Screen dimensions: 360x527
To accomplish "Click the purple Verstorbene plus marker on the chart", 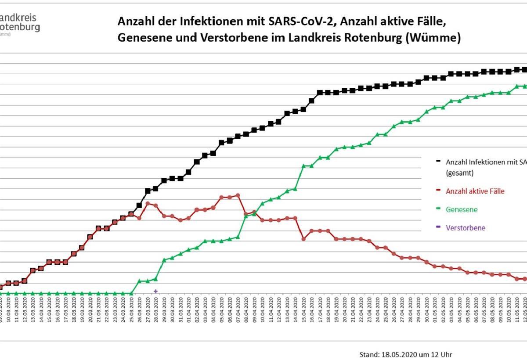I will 155,291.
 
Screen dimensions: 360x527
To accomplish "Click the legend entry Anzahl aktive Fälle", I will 475,191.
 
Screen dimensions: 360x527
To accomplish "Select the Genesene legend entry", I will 461,209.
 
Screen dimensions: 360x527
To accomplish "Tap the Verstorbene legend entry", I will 466,228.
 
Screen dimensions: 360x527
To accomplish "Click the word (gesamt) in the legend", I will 459,173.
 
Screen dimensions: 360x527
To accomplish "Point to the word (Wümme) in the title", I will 433,38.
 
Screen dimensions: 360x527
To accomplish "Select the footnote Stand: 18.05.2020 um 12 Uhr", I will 405,354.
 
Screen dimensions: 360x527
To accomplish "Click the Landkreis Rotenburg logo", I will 20,23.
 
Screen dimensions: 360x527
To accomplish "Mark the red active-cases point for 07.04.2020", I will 238,195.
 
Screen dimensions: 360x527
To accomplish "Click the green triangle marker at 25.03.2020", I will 131,293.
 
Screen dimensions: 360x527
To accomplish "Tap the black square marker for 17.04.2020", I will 320,93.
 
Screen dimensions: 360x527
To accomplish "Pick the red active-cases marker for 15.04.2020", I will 303,239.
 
